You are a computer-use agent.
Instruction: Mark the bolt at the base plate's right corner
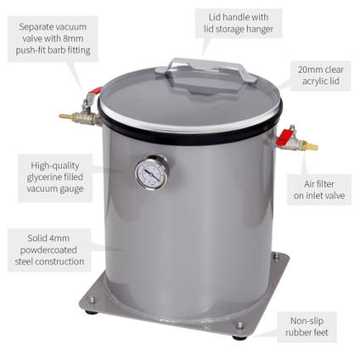(239, 325)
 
